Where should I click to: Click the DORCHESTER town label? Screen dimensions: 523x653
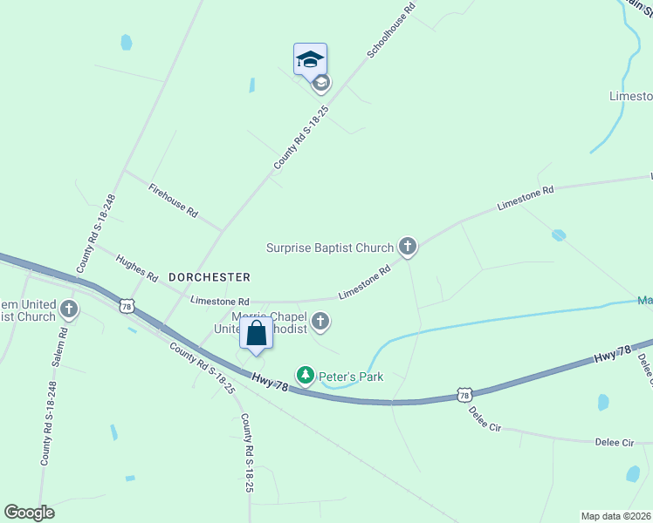(209, 276)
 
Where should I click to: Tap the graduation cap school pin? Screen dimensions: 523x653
(310, 59)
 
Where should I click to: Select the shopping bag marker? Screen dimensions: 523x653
(256, 335)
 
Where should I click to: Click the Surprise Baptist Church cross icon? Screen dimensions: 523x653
(408, 247)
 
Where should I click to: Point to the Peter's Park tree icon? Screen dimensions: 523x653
(306, 376)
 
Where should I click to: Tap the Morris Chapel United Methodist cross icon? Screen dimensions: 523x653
(320, 322)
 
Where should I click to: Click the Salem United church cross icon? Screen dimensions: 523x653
(69, 309)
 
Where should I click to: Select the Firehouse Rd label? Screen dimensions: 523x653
(173, 200)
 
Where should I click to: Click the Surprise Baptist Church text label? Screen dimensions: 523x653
(330, 248)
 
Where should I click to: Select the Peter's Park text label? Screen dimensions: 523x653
(351, 377)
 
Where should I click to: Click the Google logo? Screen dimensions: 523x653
(29, 513)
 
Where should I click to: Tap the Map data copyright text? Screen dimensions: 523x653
(616, 515)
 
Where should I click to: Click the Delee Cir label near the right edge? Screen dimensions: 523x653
(615, 443)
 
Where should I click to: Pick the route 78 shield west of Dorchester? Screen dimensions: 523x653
(127, 306)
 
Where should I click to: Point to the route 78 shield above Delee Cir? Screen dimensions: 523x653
(464, 396)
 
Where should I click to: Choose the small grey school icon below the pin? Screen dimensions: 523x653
(320, 83)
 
